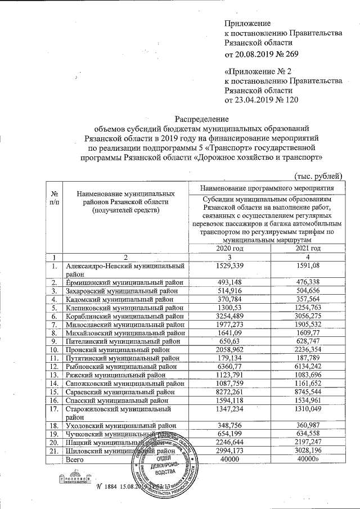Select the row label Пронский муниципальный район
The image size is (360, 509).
point(121,349)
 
